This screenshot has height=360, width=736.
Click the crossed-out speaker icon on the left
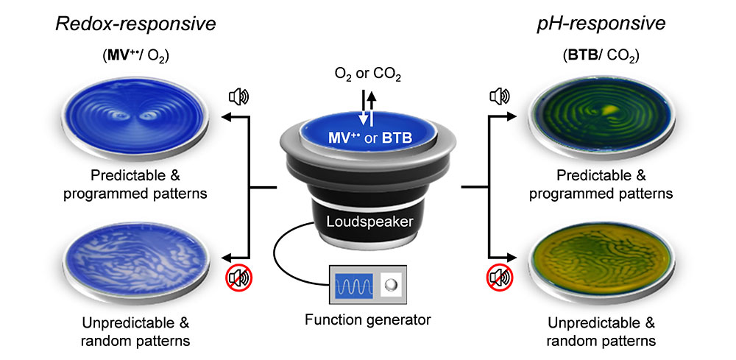237,279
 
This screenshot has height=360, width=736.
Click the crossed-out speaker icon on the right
499,279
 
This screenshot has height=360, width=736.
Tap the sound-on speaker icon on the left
238,96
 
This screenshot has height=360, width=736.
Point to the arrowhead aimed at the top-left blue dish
226,117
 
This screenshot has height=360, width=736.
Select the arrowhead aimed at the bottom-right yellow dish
510,259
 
